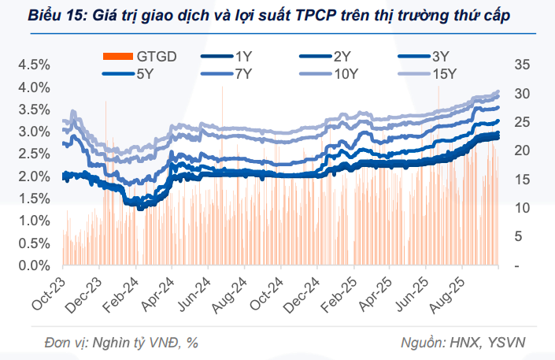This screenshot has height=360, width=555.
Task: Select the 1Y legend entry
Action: tap(243, 56)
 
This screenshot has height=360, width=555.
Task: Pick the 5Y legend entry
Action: tap(145, 74)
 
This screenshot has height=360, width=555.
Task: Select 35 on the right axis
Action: tap(521, 65)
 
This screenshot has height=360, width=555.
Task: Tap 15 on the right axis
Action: tap(521, 180)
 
